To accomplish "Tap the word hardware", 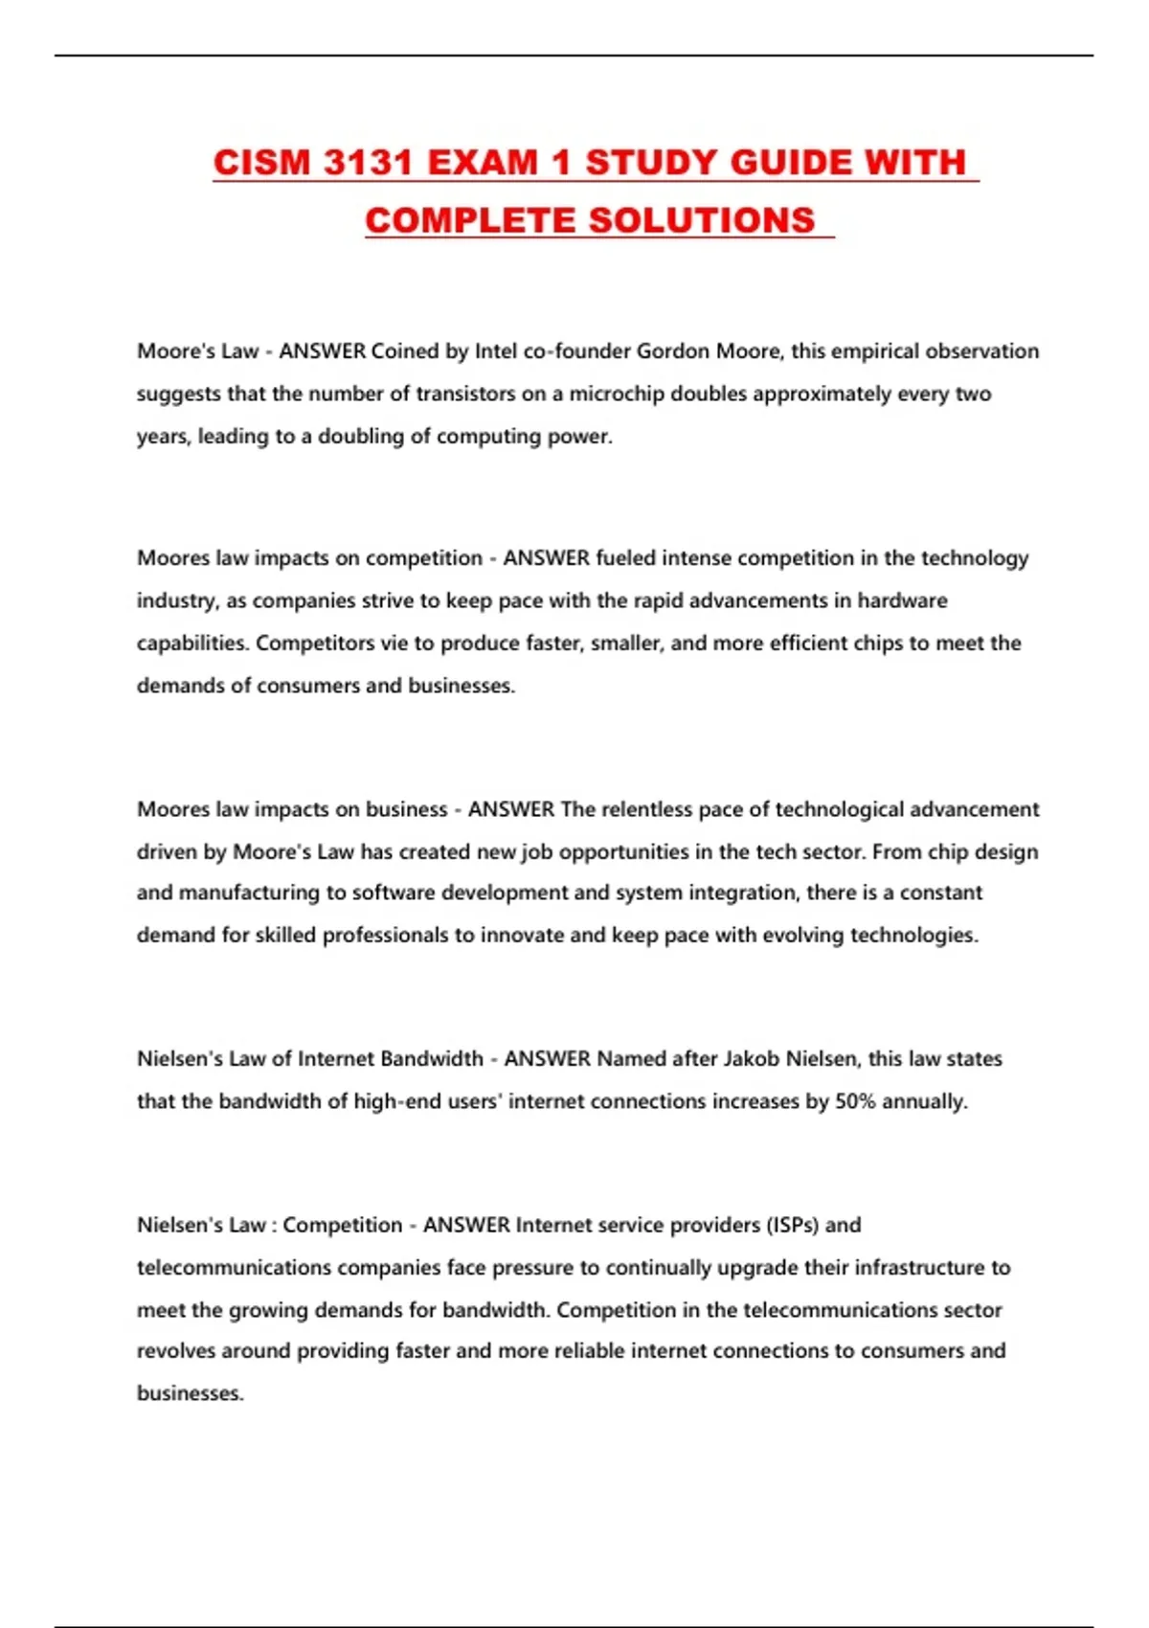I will click(902, 600).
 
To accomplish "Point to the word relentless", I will click(647, 809).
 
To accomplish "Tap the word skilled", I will click(284, 935).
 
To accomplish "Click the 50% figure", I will click(855, 1101).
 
